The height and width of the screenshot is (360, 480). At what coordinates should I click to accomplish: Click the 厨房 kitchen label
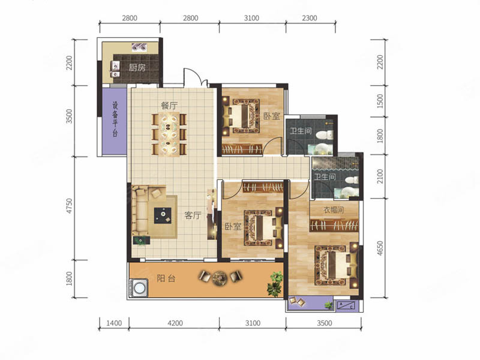tap(137, 67)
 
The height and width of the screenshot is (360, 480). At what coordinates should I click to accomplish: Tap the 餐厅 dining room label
tap(169, 106)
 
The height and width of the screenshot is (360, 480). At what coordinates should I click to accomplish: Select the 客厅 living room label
tap(193, 215)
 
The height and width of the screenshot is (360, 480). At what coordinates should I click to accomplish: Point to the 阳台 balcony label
tap(166, 278)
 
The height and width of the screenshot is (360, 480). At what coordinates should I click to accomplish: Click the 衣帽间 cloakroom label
tap(334, 210)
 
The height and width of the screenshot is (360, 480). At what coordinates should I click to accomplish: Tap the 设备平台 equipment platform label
tap(115, 119)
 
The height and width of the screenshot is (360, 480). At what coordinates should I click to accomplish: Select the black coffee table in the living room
tap(163, 215)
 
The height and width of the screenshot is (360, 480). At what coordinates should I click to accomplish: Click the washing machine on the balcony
tap(139, 288)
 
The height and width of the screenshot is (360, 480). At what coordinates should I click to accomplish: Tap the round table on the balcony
tap(219, 278)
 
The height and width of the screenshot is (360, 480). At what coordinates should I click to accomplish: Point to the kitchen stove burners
tap(139, 47)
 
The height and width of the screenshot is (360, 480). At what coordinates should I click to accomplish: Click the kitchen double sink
tap(115, 69)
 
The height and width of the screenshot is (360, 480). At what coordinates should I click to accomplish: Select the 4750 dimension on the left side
tap(69, 206)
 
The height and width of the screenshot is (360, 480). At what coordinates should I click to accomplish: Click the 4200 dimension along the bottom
tap(175, 323)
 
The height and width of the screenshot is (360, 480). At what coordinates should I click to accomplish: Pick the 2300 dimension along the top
tap(310, 18)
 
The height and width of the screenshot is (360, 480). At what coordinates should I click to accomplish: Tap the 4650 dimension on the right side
tap(380, 248)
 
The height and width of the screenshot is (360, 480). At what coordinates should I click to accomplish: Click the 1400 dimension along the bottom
tap(114, 323)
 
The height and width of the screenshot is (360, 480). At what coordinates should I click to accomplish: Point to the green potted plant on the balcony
tap(274, 284)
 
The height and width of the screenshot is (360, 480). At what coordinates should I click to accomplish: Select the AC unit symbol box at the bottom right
tap(346, 305)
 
